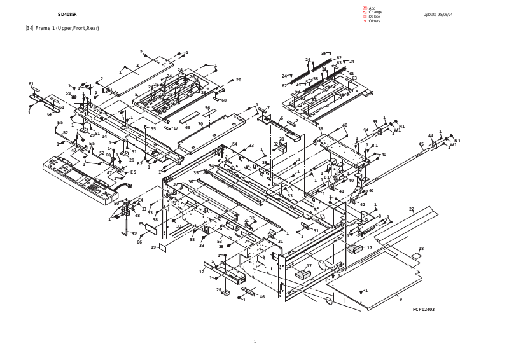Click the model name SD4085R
(x=67, y=14)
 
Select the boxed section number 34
(x=29, y=28)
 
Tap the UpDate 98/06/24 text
(x=438, y=14)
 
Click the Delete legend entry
(x=372, y=17)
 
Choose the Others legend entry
(x=373, y=21)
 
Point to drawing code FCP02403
(x=424, y=310)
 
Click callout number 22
(x=412, y=209)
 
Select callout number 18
(x=421, y=249)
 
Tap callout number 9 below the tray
(x=400, y=299)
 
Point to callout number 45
(x=421, y=144)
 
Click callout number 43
(x=366, y=130)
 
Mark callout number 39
(x=321, y=129)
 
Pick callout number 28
(x=239, y=80)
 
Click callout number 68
(x=223, y=100)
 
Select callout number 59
(x=68, y=93)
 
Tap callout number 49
(x=134, y=233)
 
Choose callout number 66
(x=139, y=242)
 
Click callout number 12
(x=202, y=272)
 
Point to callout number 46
(x=261, y=297)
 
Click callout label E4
(x=141, y=200)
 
